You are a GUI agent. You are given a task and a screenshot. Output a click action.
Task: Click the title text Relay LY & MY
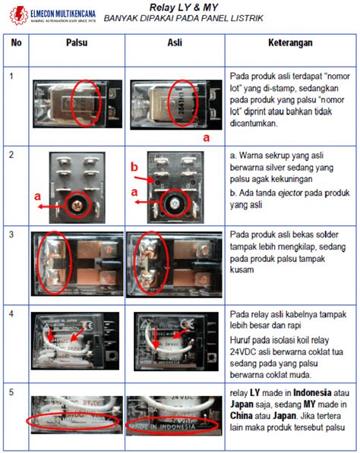(183, 7)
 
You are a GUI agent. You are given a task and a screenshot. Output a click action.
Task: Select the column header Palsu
(74, 44)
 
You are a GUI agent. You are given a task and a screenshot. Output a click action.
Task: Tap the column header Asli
(175, 44)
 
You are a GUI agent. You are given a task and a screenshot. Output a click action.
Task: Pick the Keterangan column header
(289, 44)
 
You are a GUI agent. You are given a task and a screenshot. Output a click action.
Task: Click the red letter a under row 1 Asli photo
(206, 139)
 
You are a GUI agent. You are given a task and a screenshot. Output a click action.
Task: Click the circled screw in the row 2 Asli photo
(174, 203)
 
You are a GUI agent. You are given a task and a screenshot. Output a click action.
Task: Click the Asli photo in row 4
(174, 341)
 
